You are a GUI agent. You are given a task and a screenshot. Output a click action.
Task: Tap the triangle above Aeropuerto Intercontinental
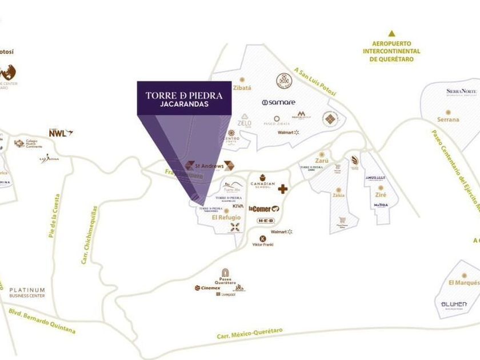click(391, 34)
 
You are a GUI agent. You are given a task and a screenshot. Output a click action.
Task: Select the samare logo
click(279, 102)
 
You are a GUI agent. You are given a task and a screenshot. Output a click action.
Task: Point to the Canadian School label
click(263, 185)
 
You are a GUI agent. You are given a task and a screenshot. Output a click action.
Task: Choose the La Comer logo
click(263, 209)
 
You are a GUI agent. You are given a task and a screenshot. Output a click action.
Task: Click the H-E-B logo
click(266, 221)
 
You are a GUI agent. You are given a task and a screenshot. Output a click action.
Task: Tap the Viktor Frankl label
click(263, 245)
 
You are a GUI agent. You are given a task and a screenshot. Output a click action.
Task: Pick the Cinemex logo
click(207, 288)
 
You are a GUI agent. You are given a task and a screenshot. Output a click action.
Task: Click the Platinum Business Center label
click(27, 293)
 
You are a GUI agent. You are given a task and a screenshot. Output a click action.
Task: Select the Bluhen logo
click(454, 304)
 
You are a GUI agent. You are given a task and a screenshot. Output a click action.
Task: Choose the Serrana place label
click(448, 119)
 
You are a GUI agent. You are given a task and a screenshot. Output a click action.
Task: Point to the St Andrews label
click(209, 166)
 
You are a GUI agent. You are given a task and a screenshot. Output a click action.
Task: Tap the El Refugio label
click(227, 218)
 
